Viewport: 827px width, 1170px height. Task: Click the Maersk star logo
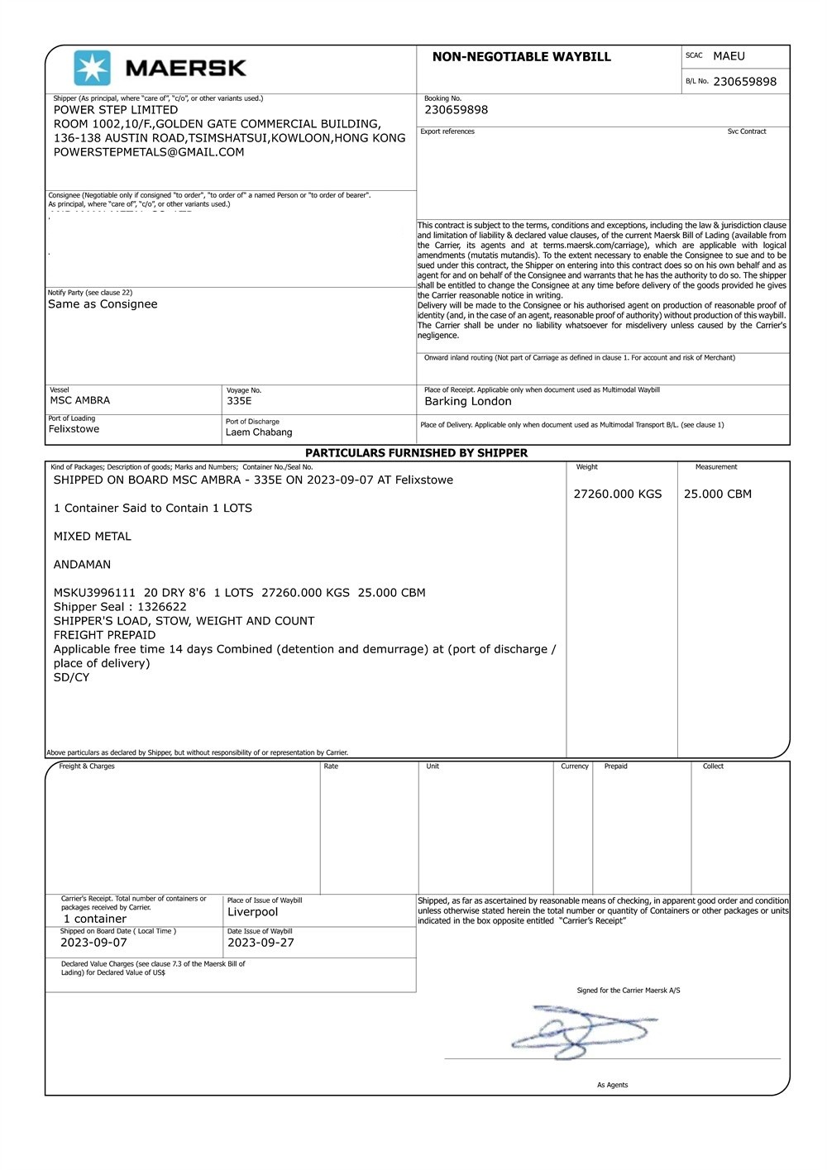tap(92, 68)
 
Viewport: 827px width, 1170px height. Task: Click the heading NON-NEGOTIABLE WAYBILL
tap(521, 57)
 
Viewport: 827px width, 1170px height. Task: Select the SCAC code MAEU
tap(729, 56)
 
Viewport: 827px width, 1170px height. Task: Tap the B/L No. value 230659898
tap(744, 82)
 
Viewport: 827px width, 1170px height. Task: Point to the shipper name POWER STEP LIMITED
tap(116, 110)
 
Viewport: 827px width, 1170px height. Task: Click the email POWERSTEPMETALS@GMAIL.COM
tap(149, 152)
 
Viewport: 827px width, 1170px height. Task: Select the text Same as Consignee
tap(103, 304)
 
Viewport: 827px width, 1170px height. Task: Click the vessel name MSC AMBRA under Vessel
tap(80, 400)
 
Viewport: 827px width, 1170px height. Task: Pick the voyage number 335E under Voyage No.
tap(239, 401)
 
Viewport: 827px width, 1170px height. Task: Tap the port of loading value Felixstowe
tap(74, 429)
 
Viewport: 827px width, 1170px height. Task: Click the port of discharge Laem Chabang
tap(259, 432)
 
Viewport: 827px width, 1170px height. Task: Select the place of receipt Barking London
tap(468, 402)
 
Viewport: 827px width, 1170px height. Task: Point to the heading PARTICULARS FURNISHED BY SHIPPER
tap(416, 453)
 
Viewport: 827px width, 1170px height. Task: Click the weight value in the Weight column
tap(618, 494)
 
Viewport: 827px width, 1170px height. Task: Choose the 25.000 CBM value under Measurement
tap(718, 494)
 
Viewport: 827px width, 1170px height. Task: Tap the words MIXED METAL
tap(93, 537)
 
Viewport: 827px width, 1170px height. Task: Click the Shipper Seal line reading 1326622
tap(120, 607)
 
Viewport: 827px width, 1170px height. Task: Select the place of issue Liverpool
tap(253, 912)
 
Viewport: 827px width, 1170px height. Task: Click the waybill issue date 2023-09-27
tap(261, 943)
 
